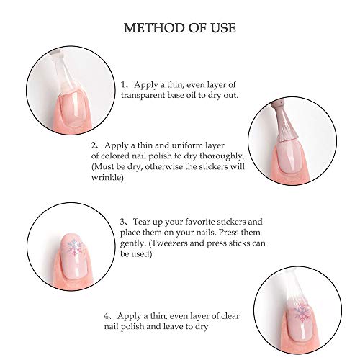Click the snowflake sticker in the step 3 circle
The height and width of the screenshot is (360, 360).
75,248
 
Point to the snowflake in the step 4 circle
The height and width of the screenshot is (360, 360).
302,312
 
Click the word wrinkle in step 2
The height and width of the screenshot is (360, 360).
107,177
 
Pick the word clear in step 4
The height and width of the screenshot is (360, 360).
230,316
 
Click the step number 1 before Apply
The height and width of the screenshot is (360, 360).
123,85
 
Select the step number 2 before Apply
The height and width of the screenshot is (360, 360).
94,145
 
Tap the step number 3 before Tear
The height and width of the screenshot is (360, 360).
122,222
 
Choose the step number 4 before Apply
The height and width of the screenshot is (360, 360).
107,316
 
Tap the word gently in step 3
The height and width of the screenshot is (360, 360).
132,244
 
